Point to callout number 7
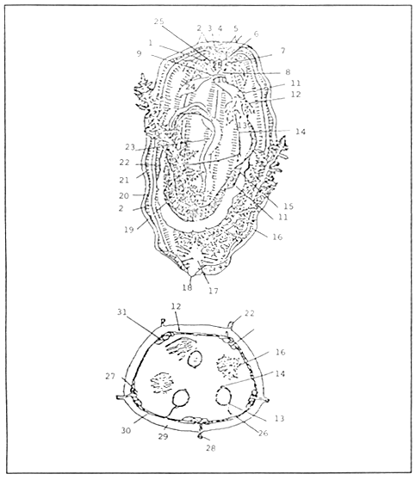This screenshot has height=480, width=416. [x=283, y=50]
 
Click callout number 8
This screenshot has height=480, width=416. [x=285, y=71]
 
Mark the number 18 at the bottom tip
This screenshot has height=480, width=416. [x=188, y=287]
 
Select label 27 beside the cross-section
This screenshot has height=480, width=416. [x=110, y=375]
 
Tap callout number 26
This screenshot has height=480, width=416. [x=264, y=433]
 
